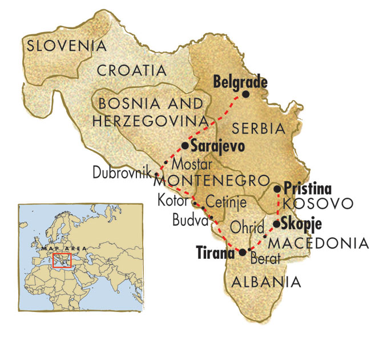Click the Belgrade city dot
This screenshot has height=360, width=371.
[x=246, y=94]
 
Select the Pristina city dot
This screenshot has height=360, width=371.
[x=277, y=189]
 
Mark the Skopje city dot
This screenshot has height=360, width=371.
[x=277, y=224]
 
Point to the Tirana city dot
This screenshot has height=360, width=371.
[x=242, y=252]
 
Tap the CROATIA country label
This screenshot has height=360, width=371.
[x=131, y=70]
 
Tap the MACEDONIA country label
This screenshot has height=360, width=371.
[x=318, y=243]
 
